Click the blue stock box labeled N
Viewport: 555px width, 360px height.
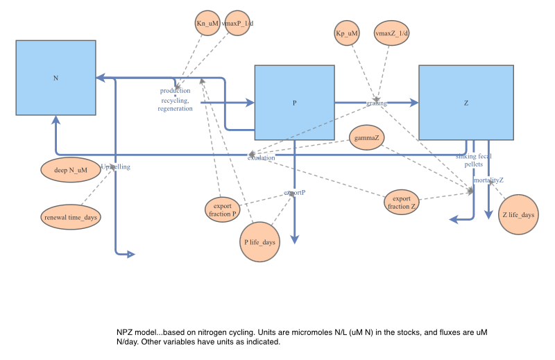coord(55,78)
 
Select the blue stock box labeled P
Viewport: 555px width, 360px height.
coord(294,103)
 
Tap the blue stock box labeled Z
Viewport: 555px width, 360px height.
coord(466,103)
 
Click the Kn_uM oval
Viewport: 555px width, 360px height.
coord(207,24)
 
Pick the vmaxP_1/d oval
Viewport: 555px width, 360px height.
coord(237,24)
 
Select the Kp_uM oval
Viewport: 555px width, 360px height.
coord(347,33)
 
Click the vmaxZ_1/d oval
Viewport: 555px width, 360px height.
coord(392,33)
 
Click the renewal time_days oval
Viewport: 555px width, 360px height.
coord(70,217)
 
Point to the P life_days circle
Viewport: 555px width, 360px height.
coord(260,242)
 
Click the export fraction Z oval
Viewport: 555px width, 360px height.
coord(402,201)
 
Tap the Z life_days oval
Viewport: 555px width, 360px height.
coord(518,215)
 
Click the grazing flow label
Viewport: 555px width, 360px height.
coord(377,103)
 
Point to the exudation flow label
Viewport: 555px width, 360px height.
coord(261,157)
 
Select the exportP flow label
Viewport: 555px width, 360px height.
coord(295,192)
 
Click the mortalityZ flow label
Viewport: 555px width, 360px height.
coord(488,180)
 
